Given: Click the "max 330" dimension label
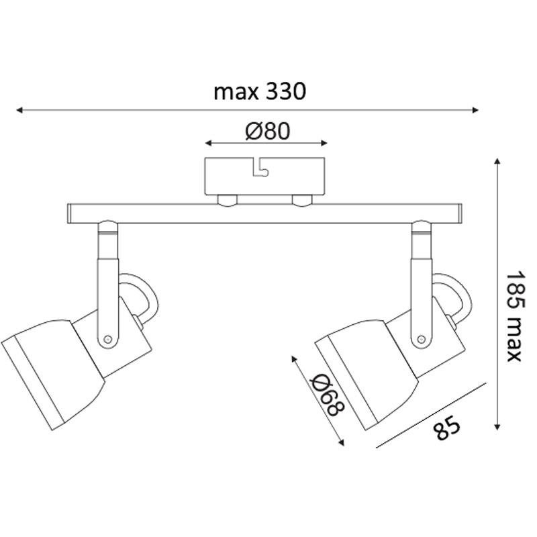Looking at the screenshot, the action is tap(260, 92).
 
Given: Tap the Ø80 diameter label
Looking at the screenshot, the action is tap(268, 131).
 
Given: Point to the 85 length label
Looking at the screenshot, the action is tap(446, 428).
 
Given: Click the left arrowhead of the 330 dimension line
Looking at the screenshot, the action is tap(19, 110).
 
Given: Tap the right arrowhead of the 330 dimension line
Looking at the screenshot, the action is tap(475, 110).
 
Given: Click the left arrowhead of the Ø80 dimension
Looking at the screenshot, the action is tap(208, 143).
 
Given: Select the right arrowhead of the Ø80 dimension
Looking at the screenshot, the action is tap(324, 143).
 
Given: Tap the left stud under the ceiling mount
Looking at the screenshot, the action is tap(228, 201).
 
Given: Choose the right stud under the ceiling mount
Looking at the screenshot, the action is tap(302, 201).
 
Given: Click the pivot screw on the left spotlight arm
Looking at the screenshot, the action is tap(107, 340).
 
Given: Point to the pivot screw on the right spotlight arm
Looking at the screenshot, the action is tap(422, 339).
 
